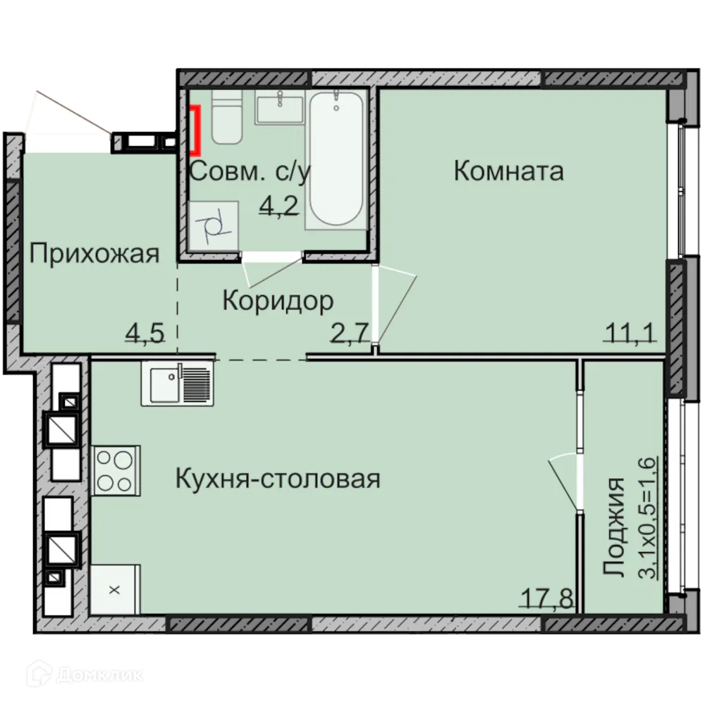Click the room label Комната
pos(508,171)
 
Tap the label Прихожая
pos(94,253)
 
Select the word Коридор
pos(278,302)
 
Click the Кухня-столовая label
pos(277,479)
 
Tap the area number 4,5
pos(145,331)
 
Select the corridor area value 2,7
pos(350,331)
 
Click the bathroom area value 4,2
pos(279,206)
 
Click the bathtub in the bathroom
pos(336,160)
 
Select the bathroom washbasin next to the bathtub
pos(280,108)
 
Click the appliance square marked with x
pos(116,589)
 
